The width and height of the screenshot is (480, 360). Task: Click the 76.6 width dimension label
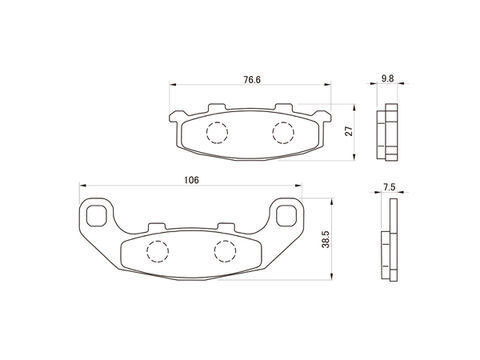click(x=252, y=80)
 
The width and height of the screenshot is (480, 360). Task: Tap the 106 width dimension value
click(x=191, y=180)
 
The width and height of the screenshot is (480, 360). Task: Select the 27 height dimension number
click(x=349, y=132)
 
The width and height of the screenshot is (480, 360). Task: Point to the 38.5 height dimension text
click(x=326, y=240)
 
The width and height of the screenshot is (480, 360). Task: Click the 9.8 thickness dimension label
click(x=388, y=79)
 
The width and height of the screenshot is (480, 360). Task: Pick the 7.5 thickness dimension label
click(x=389, y=187)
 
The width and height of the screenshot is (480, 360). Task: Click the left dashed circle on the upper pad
click(x=217, y=133)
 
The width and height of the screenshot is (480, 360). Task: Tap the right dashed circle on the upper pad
click(x=283, y=133)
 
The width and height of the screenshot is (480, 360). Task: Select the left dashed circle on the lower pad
click(x=157, y=251)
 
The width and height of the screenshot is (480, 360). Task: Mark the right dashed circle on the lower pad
click(x=225, y=251)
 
